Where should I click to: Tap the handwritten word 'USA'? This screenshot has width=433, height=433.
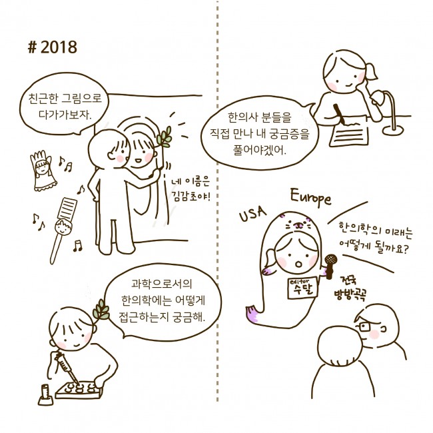click(252, 215)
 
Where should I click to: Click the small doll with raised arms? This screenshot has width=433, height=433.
click(41, 171)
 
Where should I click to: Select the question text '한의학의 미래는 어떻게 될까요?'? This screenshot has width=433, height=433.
click(373, 236)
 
